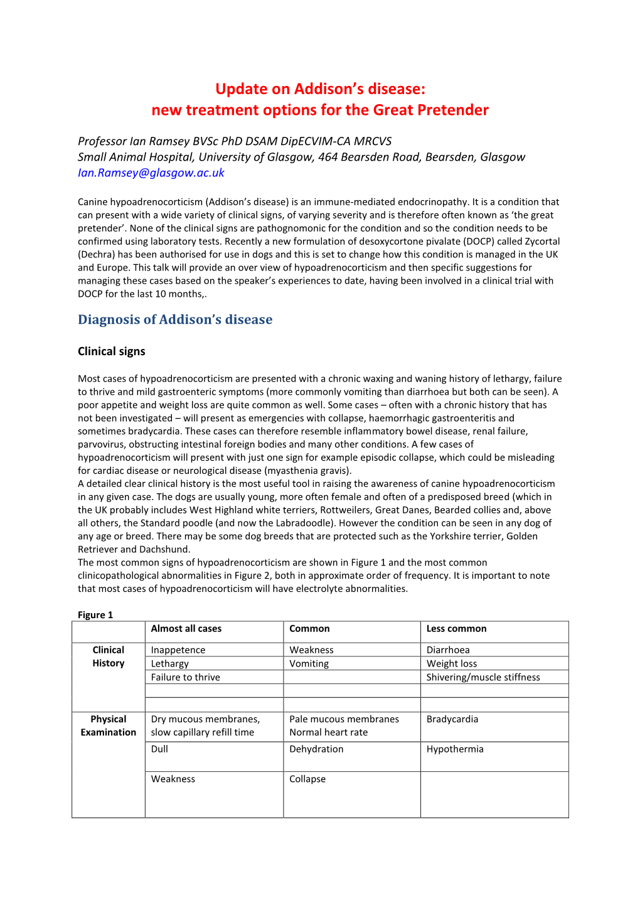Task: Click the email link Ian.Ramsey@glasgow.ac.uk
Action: (x=151, y=173)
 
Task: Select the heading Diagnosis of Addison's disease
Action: (x=175, y=319)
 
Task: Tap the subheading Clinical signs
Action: (x=111, y=351)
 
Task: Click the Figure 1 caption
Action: (x=95, y=615)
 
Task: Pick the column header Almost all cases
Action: (x=186, y=629)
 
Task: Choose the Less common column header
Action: (x=456, y=629)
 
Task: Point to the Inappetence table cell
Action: (x=178, y=650)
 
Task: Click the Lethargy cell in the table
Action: (x=169, y=663)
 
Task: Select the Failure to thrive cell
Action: (x=185, y=677)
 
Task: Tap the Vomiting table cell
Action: (x=309, y=663)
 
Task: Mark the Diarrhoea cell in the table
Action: (x=448, y=650)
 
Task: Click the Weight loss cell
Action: (x=452, y=663)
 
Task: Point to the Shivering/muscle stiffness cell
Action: (x=483, y=677)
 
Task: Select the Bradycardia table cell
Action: (x=452, y=719)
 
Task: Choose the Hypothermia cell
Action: (x=455, y=749)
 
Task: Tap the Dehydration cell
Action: (x=316, y=749)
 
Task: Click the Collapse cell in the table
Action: (x=307, y=779)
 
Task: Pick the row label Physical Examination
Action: (x=109, y=726)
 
